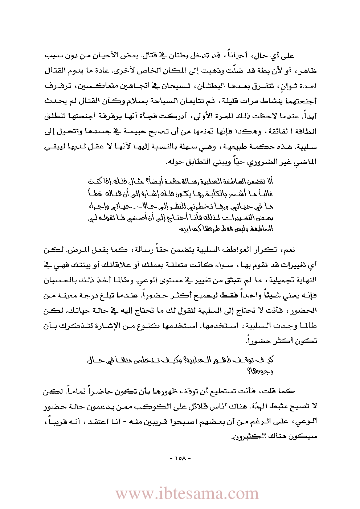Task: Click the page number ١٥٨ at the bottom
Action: [x=180, y=458]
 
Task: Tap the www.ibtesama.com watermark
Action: [x=187, y=493]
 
